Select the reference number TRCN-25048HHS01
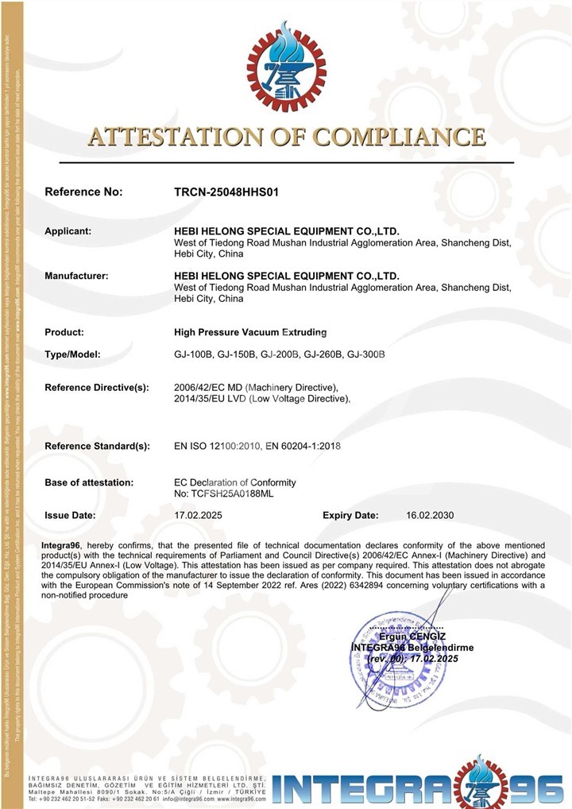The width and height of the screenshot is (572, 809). (226, 192)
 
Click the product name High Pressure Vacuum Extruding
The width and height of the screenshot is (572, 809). (250, 332)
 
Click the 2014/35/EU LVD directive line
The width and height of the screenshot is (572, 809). (262, 399)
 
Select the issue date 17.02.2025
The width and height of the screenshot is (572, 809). (198, 515)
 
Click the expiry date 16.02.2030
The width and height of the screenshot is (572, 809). (430, 515)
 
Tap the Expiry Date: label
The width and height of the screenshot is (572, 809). (350, 515)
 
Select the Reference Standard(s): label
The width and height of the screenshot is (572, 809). (97, 447)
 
